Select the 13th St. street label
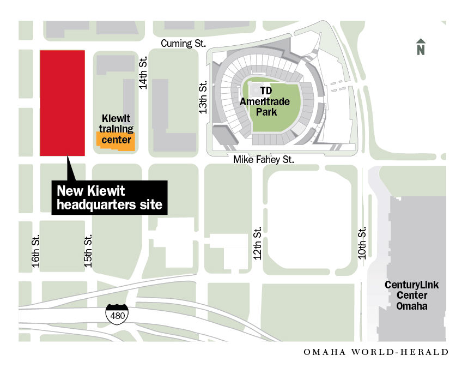203,98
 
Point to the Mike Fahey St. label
264,160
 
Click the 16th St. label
36,251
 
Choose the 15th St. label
88,251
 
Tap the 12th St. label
258,243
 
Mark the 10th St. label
362,243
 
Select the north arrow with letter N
421,47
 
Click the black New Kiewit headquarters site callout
110,198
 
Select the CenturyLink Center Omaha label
411,295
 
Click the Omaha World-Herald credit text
376,352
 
